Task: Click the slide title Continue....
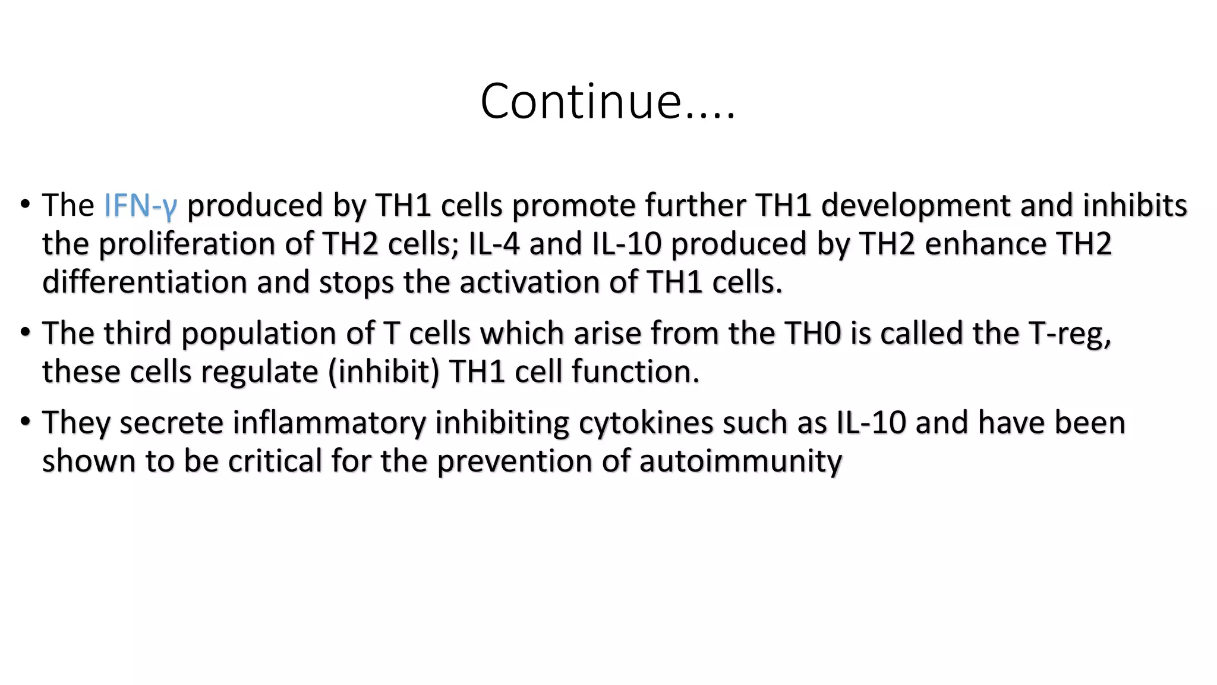[607, 101]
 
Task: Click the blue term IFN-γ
[140, 206]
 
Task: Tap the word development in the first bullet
[916, 206]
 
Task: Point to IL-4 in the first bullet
[494, 244]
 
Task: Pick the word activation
[529, 282]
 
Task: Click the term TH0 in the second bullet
[812, 333]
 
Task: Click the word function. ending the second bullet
[635, 372]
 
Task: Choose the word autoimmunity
[740, 461]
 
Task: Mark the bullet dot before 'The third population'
[25, 332]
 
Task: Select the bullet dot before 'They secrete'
[25, 422]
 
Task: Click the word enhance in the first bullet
[985, 244]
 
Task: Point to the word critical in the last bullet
[275, 461]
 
